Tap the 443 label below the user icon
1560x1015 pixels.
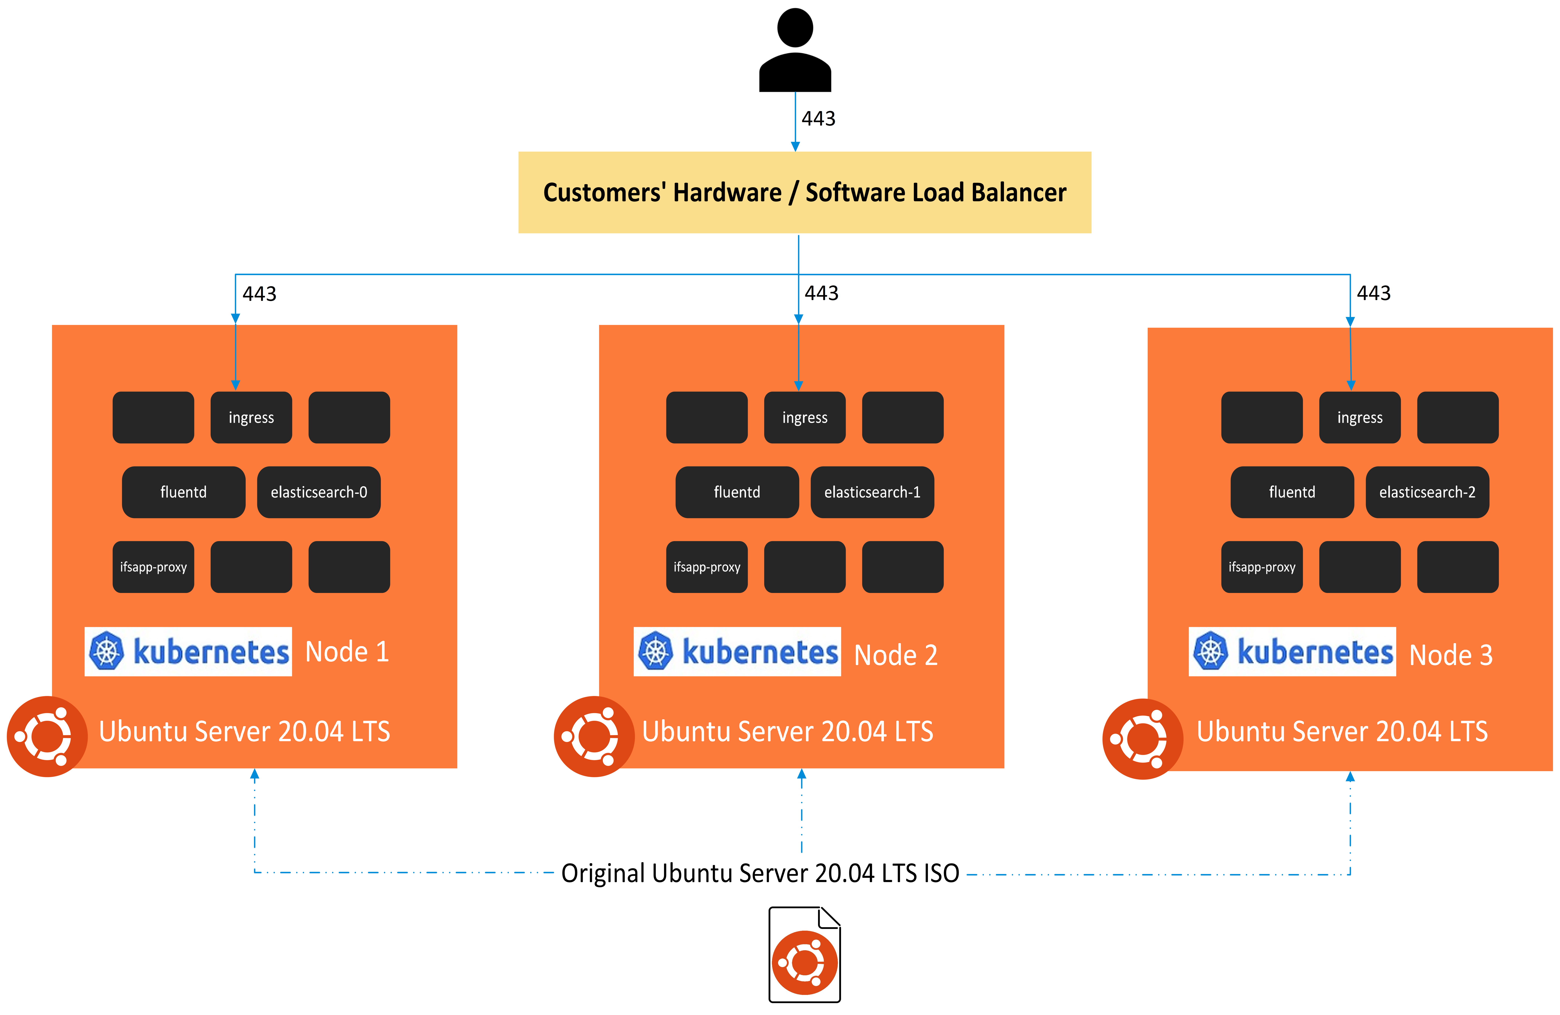[818, 119]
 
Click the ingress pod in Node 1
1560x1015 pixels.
[251, 418]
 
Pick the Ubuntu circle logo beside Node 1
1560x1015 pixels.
[47, 736]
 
